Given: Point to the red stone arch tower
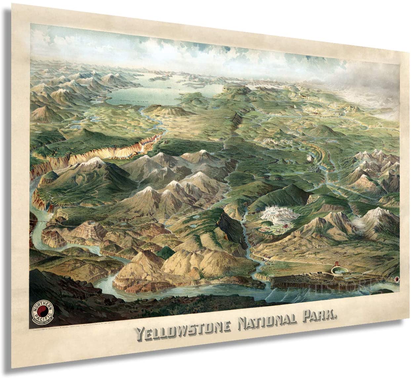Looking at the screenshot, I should point(337,264).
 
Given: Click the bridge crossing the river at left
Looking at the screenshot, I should point(39,221).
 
